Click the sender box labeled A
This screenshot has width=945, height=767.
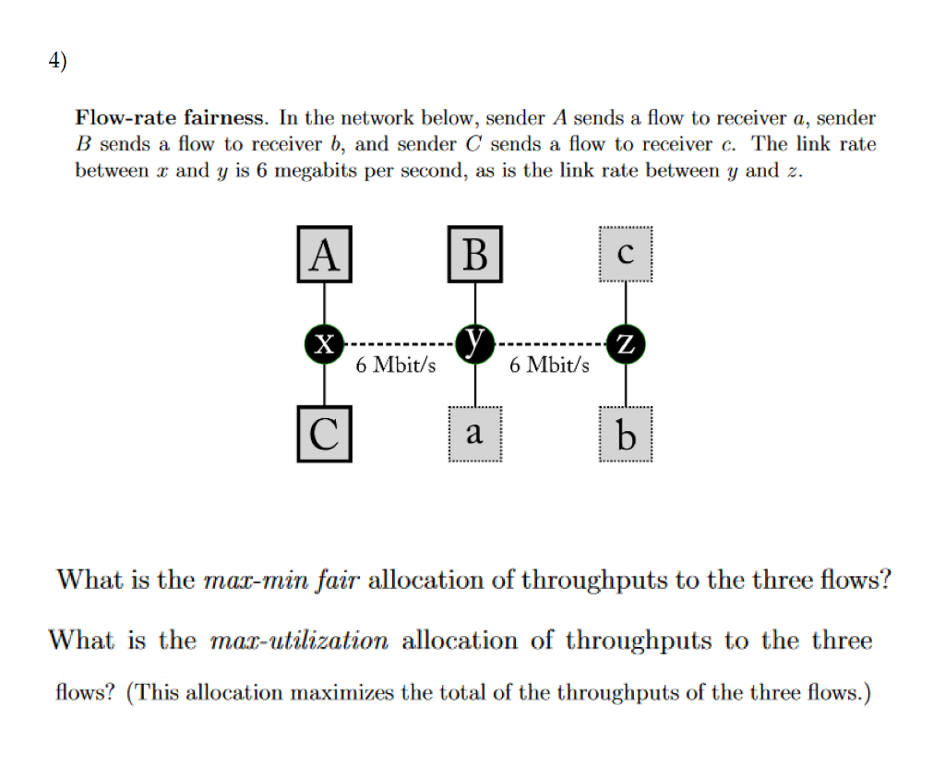tap(323, 254)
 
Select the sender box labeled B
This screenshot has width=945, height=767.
tap(475, 254)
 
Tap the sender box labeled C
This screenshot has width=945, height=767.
tap(323, 434)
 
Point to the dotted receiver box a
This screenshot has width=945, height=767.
tap(475, 433)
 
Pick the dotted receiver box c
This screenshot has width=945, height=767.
tap(626, 255)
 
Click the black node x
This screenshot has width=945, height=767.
tap(323, 344)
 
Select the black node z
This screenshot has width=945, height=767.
tap(626, 345)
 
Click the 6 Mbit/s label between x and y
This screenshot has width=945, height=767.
tap(396, 365)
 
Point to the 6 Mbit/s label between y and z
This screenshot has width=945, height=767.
tap(549, 365)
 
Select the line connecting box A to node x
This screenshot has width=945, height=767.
tap(323, 303)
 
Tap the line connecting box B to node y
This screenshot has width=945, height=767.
tap(475, 303)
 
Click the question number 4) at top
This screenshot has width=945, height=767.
tap(58, 62)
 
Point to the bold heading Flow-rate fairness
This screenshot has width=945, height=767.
tap(172, 118)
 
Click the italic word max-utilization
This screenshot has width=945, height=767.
tap(299, 641)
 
